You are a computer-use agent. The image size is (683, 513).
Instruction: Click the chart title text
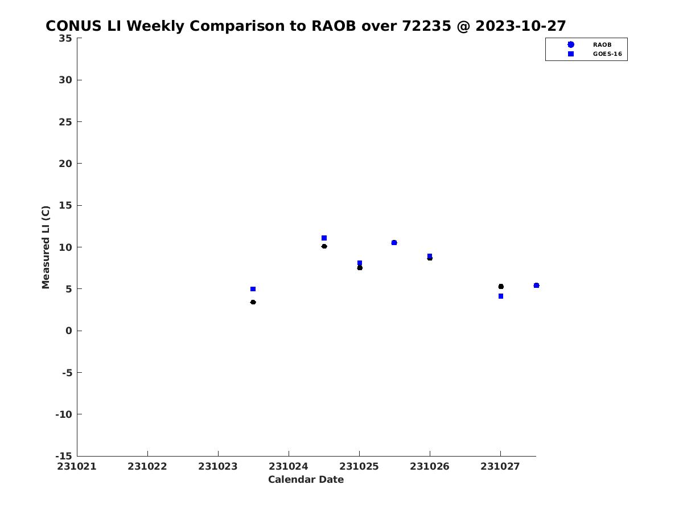tap(305, 26)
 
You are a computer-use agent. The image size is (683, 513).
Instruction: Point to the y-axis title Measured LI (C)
tap(46, 247)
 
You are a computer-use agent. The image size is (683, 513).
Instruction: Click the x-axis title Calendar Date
tap(306, 479)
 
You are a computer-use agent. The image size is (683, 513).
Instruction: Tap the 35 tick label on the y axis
tap(65, 38)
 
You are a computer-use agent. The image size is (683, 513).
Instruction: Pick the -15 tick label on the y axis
tap(64, 457)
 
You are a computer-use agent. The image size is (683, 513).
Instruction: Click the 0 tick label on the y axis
tap(68, 331)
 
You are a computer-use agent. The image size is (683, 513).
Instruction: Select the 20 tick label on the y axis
tap(65, 164)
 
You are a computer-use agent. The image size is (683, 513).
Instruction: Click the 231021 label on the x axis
tap(76, 467)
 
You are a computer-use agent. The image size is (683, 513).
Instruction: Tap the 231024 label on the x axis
tap(288, 467)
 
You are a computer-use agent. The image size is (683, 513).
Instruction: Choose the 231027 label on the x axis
tap(500, 467)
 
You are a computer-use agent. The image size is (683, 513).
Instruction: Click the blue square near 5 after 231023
tap(253, 289)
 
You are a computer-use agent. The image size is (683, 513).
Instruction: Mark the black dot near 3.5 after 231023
tap(253, 302)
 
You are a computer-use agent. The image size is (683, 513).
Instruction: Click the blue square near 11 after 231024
tap(324, 238)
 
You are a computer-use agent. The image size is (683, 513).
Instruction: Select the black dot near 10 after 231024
tap(324, 246)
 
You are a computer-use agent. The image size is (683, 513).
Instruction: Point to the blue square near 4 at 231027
tap(501, 296)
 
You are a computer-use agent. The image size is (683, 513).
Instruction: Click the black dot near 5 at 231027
tap(501, 287)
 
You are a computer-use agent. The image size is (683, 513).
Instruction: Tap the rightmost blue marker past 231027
tap(536, 286)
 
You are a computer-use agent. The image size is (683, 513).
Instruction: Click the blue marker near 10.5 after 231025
tap(394, 243)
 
